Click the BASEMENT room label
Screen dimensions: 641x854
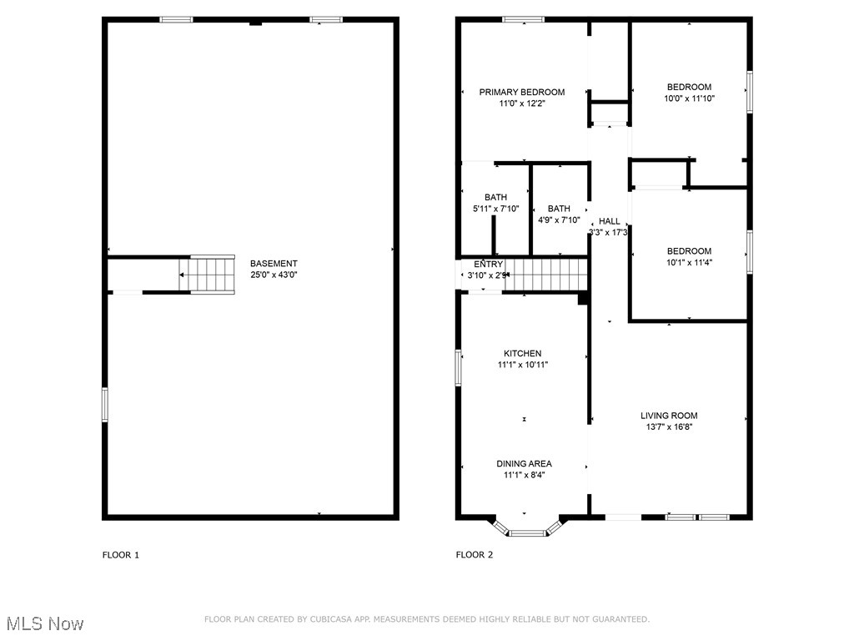point(274,264)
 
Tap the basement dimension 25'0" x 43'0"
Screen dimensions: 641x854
point(274,275)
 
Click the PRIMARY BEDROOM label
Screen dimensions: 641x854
point(521,92)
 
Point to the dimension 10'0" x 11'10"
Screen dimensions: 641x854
point(689,98)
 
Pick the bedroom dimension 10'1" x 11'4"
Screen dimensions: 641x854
point(689,262)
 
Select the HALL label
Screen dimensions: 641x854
point(609,221)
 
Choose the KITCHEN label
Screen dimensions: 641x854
point(522,353)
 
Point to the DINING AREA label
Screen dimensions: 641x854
point(524,464)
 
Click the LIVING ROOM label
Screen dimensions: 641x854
point(669,416)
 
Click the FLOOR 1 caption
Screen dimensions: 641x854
point(121,555)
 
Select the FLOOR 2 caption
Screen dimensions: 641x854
point(475,555)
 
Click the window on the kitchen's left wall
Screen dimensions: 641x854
point(458,367)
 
